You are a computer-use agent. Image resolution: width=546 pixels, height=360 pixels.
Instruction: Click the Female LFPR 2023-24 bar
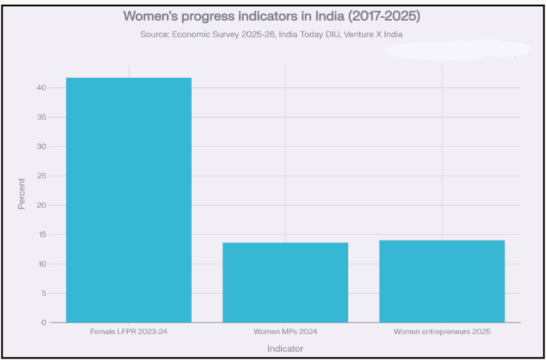point(128,199)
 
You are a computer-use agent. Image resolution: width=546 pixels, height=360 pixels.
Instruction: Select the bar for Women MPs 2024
point(285,282)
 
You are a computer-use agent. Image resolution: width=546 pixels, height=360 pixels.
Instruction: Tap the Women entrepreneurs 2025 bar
point(442,281)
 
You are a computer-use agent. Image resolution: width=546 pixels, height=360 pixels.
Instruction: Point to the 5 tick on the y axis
point(43,293)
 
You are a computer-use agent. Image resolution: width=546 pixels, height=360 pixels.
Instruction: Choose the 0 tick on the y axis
point(43,322)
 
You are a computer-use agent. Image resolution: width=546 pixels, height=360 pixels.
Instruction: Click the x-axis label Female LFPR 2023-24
point(128,332)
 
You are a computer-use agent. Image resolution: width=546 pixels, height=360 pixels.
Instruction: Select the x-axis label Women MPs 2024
point(285,332)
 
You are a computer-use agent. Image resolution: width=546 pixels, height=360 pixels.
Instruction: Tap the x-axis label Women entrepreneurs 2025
point(442,332)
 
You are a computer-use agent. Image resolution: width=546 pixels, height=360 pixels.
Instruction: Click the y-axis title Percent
point(21,193)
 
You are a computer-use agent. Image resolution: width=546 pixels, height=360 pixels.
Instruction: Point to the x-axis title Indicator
point(285,348)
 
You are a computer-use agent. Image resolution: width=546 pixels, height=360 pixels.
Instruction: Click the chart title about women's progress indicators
point(272,15)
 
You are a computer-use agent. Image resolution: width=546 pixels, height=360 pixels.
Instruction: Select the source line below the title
point(272,33)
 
